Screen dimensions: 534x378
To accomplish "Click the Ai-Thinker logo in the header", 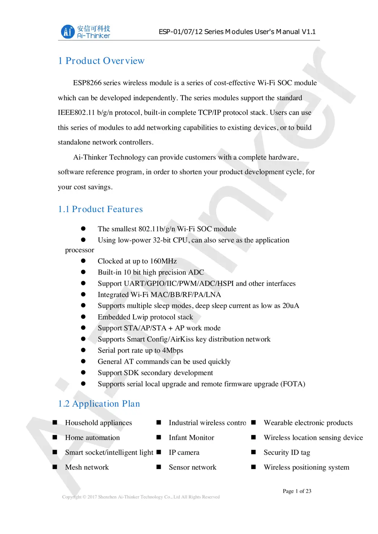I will click(86, 32).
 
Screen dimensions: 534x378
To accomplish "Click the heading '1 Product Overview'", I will click(101, 61).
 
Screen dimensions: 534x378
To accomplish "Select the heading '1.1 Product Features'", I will click(100, 209).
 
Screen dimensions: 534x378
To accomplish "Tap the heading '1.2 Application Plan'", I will click(99, 404).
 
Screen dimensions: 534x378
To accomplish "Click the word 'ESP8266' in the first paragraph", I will click(87, 83).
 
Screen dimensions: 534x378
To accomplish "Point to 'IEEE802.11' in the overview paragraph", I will click(76, 113).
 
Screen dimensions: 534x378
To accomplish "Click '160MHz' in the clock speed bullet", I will click(163, 261).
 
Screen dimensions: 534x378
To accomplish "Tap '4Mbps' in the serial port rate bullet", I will click(173, 350).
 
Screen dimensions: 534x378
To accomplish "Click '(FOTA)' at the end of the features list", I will click(293, 384).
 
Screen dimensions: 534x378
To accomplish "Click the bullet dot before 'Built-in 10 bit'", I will click(83, 272).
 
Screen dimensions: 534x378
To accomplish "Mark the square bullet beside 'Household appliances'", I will click(55, 422).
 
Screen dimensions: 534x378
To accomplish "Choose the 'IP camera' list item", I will click(184, 452).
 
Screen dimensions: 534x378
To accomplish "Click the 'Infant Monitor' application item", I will click(191, 437).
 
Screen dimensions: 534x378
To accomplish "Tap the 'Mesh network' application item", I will click(87, 467).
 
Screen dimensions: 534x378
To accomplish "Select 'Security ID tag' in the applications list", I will click(287, 452).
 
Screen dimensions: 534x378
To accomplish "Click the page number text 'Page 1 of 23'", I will click(297, 491).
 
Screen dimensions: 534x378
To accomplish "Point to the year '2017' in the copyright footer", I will click(92, 497).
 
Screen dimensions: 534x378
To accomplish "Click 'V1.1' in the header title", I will click(309, 32).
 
